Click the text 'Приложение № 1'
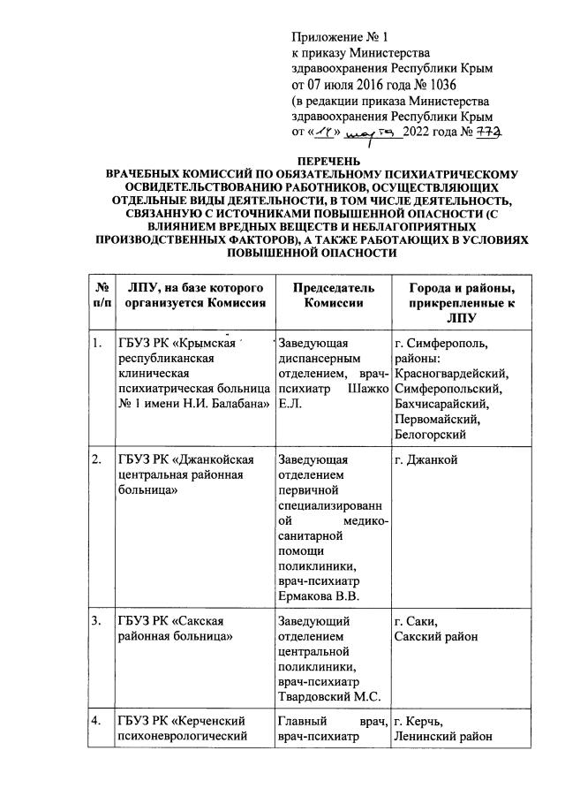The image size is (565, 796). click(341, 36)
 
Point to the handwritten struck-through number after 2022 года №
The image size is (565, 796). click(488, 133)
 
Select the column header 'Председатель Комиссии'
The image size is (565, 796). click(320, 295)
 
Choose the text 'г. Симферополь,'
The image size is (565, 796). click(441, 344)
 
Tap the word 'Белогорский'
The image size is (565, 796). click(432, 434)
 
